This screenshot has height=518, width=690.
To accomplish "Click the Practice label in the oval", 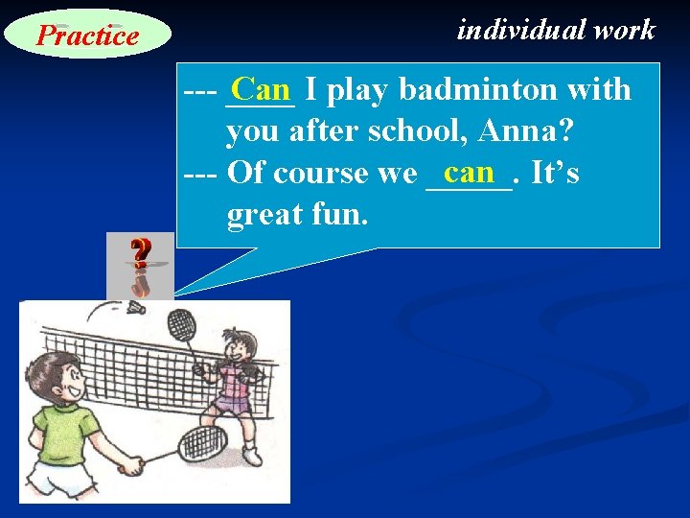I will tap(87, 35).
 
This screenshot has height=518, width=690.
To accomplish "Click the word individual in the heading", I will tap(520, 30).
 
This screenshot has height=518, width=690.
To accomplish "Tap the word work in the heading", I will tap(624, 30).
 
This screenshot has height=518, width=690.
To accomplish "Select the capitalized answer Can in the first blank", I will tap(261, 89).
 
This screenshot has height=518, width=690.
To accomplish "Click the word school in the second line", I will tap(415, 131).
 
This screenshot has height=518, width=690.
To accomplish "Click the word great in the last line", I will tap(259, 215).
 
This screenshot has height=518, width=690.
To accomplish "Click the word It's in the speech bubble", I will tap(555, 174).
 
